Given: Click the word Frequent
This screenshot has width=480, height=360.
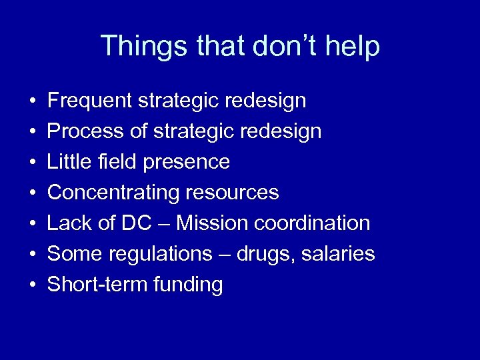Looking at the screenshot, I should (90, 101).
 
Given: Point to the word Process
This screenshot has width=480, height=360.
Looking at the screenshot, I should (87, 131).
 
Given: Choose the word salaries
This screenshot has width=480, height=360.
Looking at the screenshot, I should (340, 254).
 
